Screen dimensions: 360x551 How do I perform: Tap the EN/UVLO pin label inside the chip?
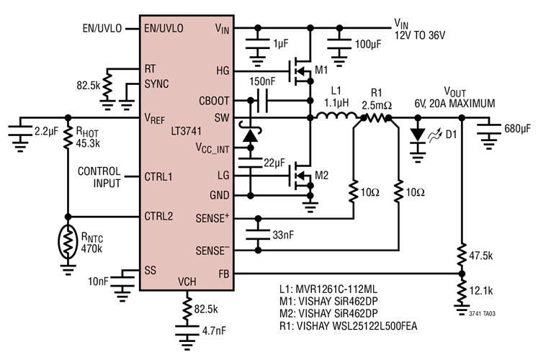coord(163,29)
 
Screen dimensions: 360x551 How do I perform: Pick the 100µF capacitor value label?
coord(370,54)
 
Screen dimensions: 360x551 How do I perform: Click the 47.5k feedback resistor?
coord(461,256)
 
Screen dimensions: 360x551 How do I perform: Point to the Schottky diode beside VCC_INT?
coord(250,135)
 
